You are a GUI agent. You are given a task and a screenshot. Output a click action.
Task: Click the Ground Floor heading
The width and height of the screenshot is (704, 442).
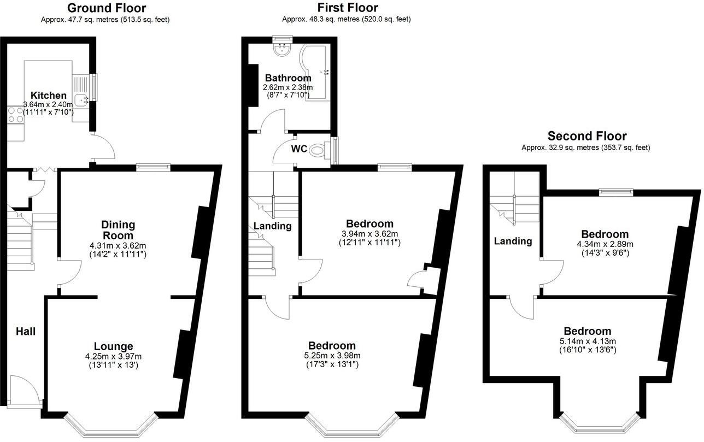coord(107,8)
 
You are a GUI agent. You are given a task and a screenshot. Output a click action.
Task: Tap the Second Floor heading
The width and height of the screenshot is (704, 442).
coord(587,136)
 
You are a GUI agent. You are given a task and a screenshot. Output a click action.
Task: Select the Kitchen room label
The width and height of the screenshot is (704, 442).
coord(48,96)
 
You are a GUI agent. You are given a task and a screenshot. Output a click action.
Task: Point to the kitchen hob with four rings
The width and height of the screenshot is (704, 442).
coord(15,115)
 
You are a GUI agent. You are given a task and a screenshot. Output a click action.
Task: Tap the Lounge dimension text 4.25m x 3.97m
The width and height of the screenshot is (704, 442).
coord(113,357)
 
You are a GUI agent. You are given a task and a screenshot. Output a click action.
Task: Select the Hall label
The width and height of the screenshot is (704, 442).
coord(25,331)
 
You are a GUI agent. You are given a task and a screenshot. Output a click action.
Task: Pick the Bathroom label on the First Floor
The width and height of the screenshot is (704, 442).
coord(288,78)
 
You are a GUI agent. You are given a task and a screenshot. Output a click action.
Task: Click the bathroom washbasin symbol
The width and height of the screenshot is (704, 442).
coord(283,50)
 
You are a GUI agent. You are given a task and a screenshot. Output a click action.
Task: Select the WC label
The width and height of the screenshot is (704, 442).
coord(299,149)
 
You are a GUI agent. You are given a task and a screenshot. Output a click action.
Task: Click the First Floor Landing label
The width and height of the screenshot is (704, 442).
coord(272,226)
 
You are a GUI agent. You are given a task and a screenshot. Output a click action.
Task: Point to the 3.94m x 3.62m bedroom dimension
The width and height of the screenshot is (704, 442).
coord(369,233)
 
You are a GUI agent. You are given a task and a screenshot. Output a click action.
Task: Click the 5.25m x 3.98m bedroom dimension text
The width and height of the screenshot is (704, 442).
coord(332,356)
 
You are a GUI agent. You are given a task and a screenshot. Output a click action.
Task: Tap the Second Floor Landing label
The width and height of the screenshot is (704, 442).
coord(513,241)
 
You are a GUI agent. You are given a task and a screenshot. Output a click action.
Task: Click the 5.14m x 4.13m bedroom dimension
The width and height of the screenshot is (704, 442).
coord(588,341)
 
